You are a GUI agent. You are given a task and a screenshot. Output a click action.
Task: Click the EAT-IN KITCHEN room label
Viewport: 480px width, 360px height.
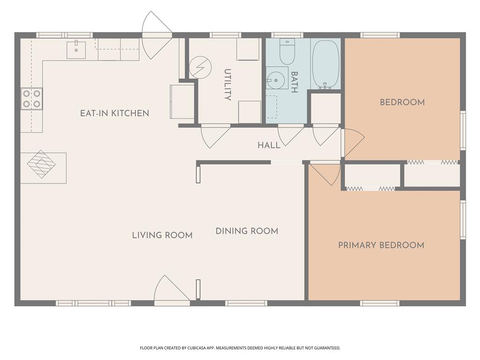coord(114,113)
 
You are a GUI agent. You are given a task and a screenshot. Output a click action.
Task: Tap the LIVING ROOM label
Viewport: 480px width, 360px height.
coord(162,235)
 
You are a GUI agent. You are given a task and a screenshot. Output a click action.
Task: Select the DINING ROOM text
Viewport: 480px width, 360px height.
coord(247,231)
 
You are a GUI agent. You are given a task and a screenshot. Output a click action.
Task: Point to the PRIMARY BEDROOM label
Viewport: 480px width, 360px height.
coord(381,245)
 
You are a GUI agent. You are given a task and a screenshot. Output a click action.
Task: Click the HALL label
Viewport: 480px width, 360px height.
coord(269,145)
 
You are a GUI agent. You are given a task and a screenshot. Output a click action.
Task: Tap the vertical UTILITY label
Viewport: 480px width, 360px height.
coord(227,85)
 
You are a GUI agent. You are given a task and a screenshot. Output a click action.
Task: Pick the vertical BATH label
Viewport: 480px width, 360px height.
coord(294,82)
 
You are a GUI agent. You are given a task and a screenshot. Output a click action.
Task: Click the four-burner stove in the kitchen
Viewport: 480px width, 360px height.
coord(31,98)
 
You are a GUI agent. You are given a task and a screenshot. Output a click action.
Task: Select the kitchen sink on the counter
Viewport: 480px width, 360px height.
coord(76,49)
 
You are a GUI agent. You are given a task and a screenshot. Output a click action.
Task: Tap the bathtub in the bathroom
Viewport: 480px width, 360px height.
coord(326,64)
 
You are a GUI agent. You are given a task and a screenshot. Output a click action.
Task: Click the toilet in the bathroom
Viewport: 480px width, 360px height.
coord(287,51)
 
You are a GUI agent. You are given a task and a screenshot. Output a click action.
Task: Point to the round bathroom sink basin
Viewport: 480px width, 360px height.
coord(276,80)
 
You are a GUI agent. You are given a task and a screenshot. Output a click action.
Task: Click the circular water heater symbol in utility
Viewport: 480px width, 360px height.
coord(200,67)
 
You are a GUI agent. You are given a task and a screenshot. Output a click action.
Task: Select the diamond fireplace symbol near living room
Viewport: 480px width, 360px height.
coord(41,164)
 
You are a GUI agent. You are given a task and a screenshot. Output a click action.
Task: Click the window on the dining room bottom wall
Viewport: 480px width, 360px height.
coord(246,303)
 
